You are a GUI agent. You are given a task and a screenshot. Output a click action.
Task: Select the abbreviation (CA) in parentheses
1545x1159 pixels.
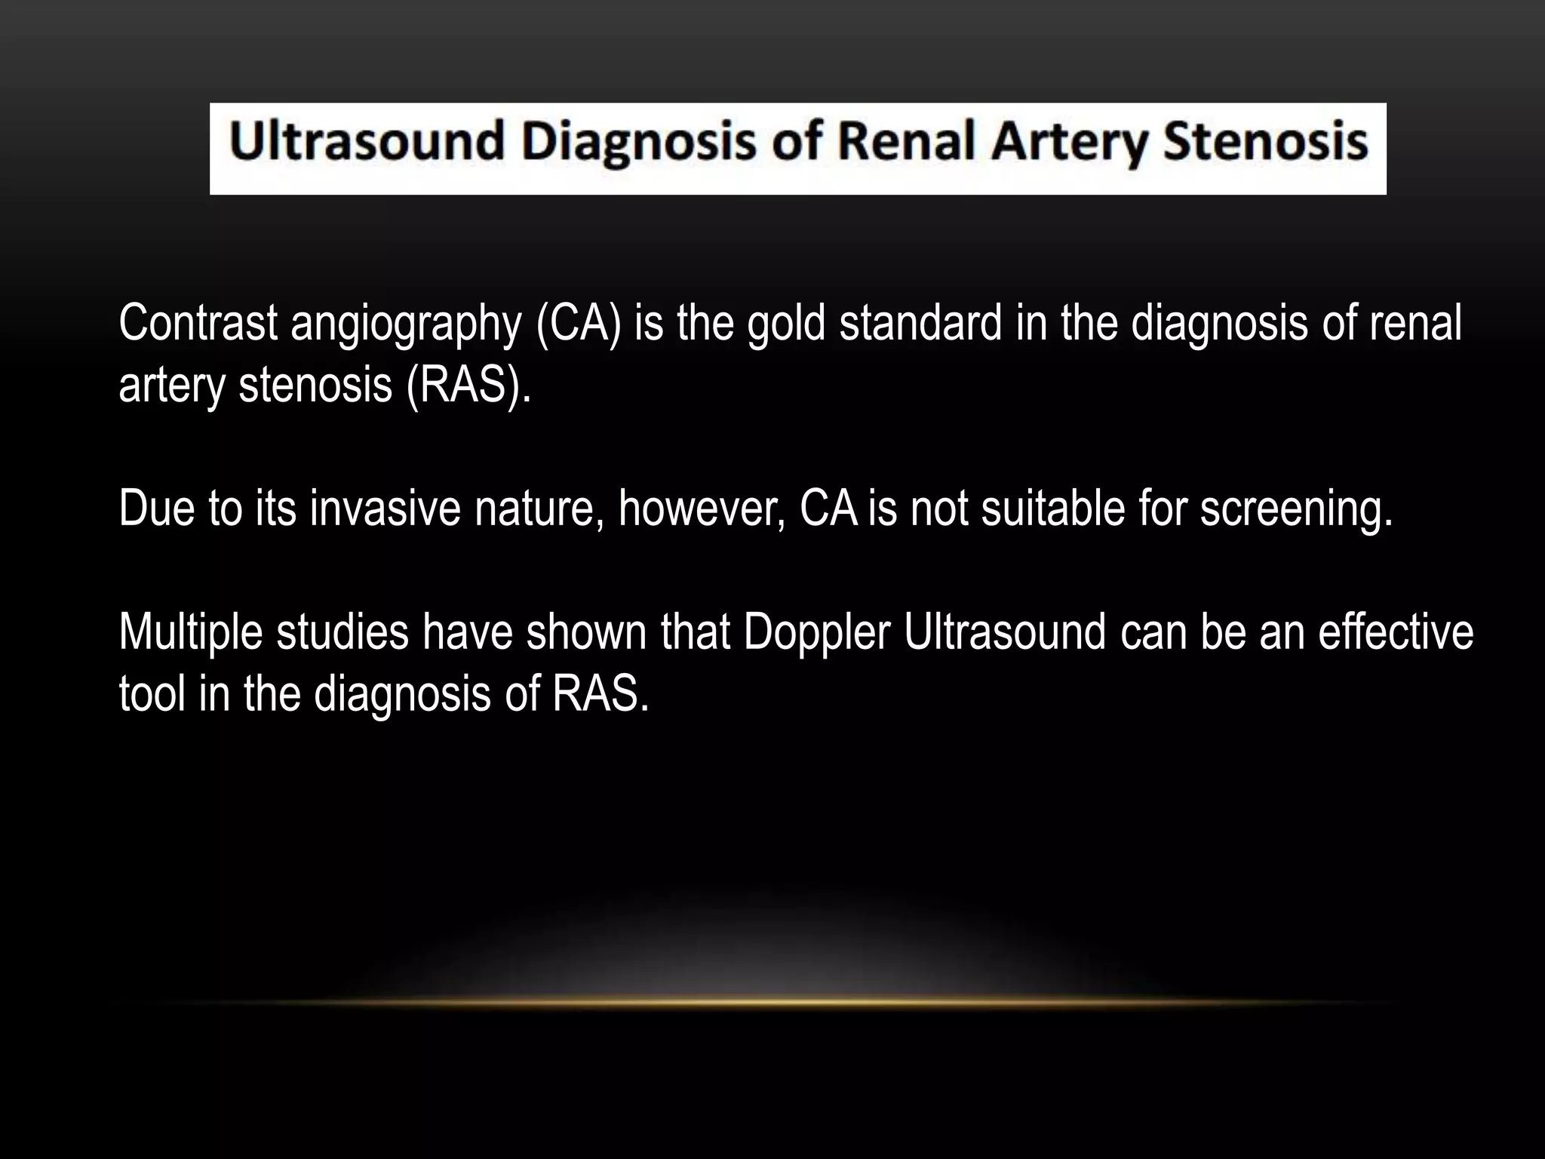click(579, 324)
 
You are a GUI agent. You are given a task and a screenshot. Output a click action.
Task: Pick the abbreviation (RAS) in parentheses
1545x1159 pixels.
click(468, 386)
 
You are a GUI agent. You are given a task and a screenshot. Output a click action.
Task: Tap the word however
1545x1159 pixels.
click(702, 509)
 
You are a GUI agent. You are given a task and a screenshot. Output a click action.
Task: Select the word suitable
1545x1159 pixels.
click(1042, 509)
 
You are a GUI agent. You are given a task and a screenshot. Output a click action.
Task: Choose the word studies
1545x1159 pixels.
click(342, 632)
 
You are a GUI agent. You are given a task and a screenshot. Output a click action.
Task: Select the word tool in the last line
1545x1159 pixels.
click(152, 694)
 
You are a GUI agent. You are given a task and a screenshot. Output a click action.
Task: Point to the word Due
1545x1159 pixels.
click(156, 509)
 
